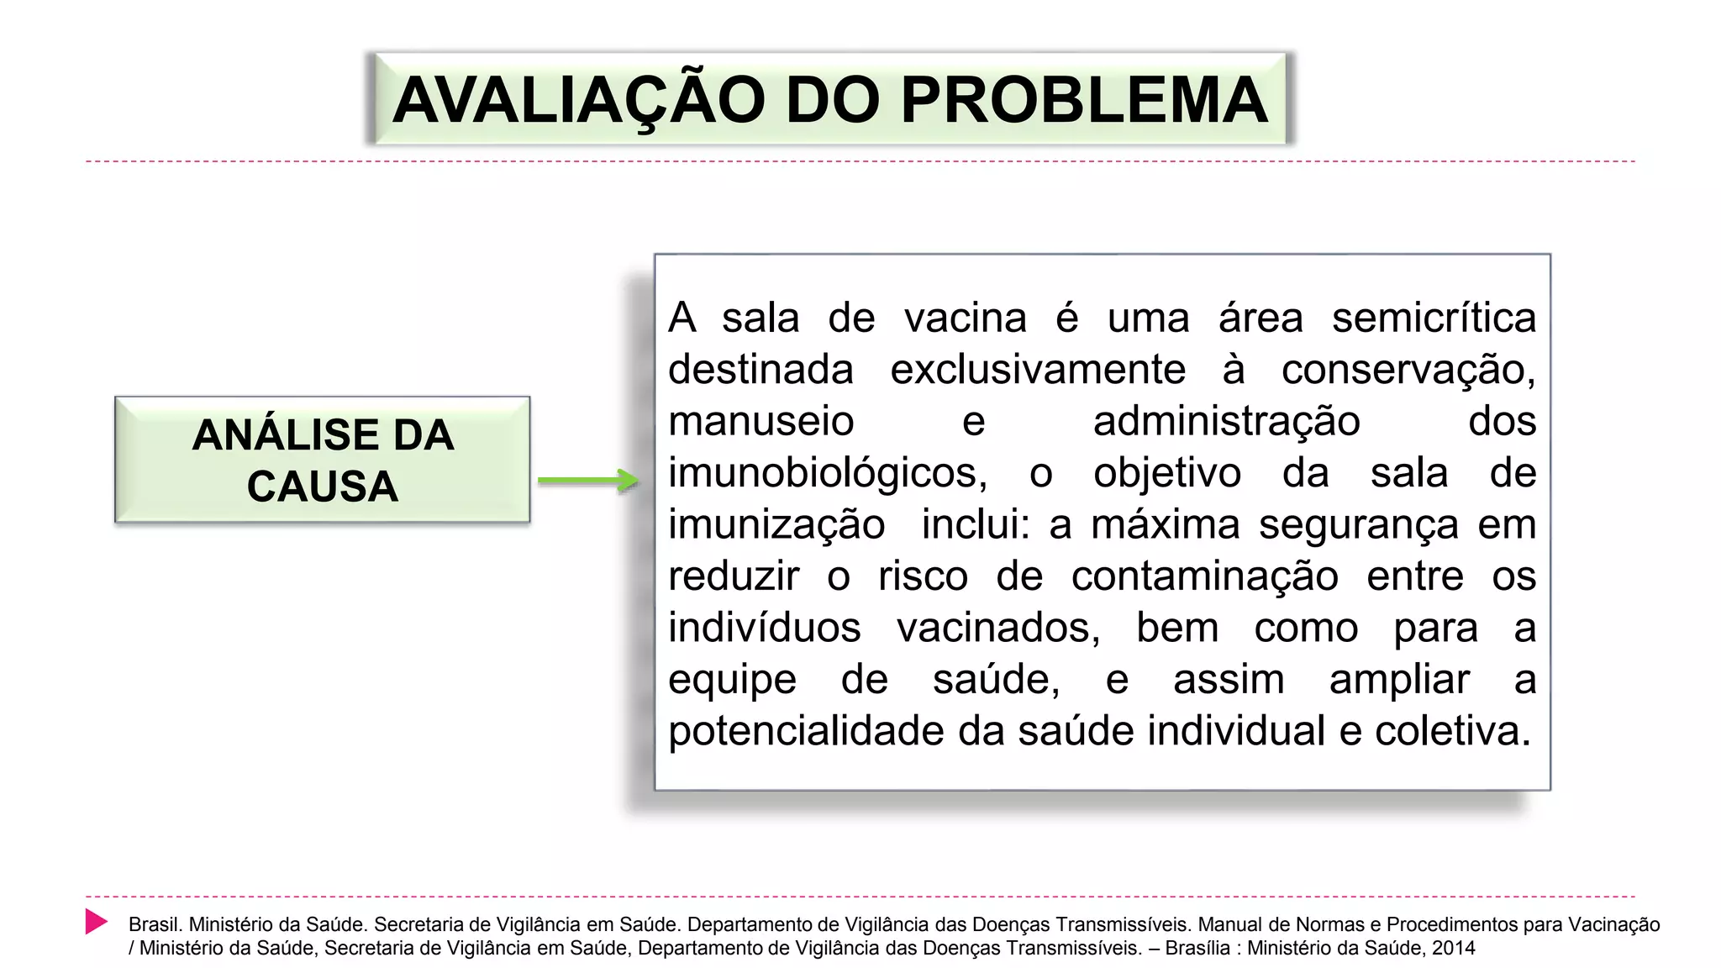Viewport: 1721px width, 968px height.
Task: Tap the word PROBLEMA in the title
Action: click(1084, 101)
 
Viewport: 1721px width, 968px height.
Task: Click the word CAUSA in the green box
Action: click(323, 487)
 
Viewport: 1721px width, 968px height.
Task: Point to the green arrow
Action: click(588, 481)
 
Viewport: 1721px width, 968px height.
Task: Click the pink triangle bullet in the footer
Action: click(96, 922)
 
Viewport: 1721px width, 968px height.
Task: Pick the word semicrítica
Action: click(1434, 318)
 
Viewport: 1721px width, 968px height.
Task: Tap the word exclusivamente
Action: click(1038, 370)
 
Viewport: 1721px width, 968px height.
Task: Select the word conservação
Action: click(1408, 370)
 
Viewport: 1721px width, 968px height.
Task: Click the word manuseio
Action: click(761, 421)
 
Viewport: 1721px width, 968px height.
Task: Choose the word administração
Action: click(1226, 421)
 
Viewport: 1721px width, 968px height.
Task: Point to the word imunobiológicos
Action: click(827, 473)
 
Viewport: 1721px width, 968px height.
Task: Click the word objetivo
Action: click(1167, 473)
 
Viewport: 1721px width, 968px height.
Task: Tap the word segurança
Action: click(1358, 525)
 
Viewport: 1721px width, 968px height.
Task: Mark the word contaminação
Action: click(1204, 576)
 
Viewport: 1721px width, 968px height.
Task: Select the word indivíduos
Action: click(765, 628)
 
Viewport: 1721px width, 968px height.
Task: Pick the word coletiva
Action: click(1452, 731)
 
